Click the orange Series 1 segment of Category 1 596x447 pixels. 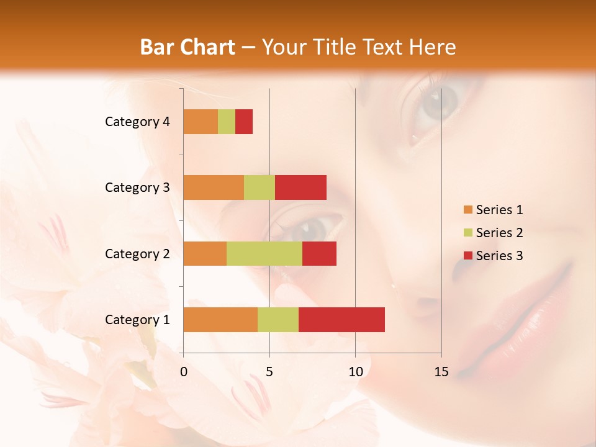point(220,319)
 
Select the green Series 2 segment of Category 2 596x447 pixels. point(264,253)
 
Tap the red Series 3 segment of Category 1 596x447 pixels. point(341,319)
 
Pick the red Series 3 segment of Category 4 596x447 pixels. point(244,122)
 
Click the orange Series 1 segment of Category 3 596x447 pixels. point(214,187)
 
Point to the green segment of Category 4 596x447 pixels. point(227,122)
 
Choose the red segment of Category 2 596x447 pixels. point(319,253)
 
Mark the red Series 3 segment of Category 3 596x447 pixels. point(300,187)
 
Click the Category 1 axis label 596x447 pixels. point(137,320)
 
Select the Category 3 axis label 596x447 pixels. point(137,187)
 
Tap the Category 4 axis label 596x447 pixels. point(137,122)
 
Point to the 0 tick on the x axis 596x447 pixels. point(184,372)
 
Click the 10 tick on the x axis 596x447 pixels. point(355,372)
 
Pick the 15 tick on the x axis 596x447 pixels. point(441,372)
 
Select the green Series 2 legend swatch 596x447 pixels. point(467,233)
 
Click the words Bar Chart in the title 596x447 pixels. point(187,47)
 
